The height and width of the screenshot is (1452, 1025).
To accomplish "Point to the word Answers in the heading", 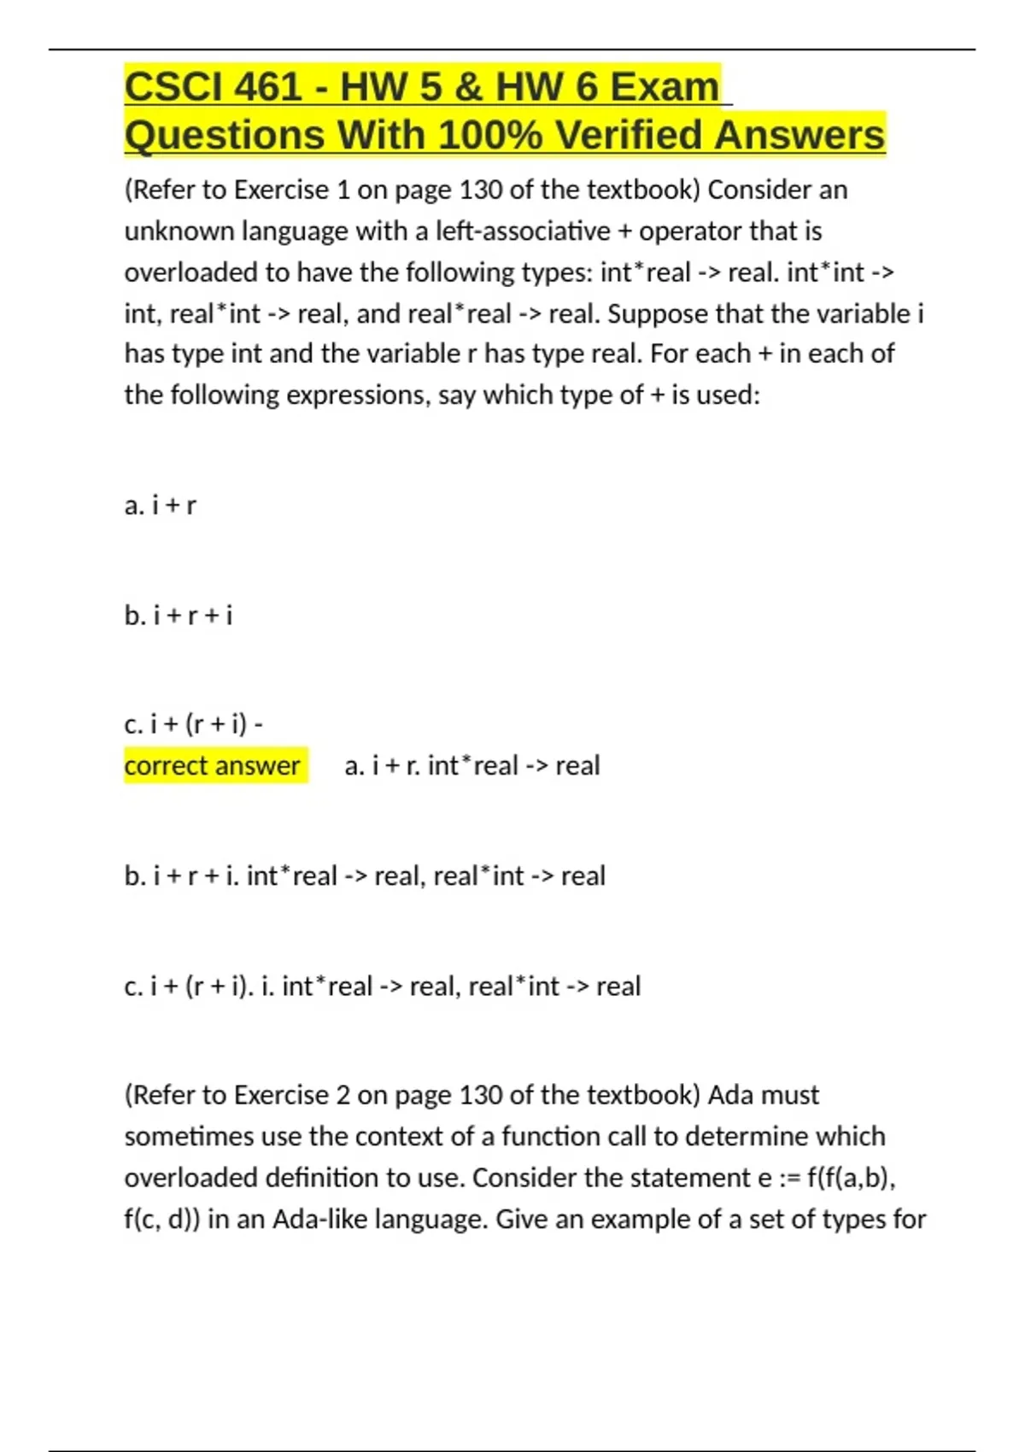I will (799, 136).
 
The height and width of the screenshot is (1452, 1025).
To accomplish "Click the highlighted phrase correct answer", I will (213, 765).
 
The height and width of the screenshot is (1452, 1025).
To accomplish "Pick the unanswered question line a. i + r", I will (161, 506).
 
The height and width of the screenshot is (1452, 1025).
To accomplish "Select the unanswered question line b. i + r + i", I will (179, 615).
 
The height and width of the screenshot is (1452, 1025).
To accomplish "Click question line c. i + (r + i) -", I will (194, 724).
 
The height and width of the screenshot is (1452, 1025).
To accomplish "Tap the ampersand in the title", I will (469, 87).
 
